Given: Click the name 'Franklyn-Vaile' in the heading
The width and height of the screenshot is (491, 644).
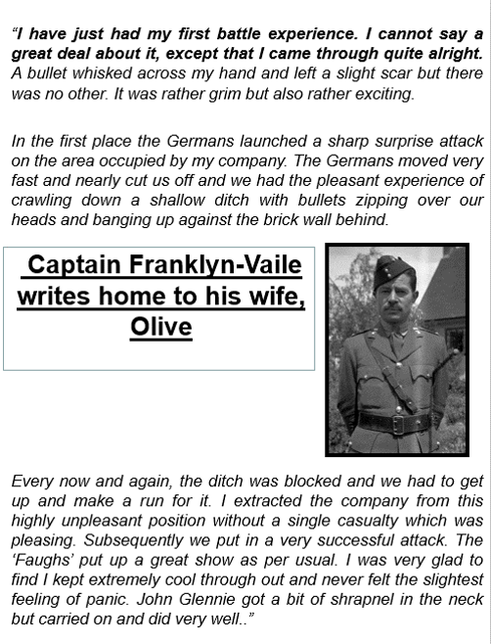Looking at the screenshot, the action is click(221, 265).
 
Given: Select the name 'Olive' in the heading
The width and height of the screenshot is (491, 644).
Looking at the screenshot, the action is click(160, 326).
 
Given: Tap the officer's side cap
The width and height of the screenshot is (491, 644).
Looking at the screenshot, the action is click(393, 270).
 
